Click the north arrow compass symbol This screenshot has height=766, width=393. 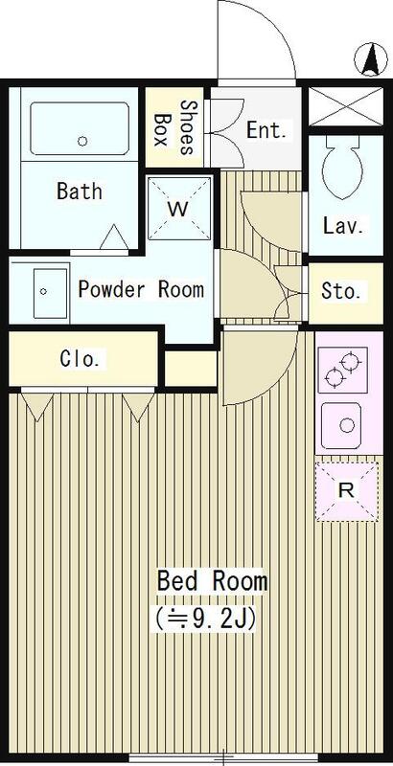click(x=371, y=59)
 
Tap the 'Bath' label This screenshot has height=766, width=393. click(x=80, y=191)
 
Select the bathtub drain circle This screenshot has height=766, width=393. click(x=82, y=141)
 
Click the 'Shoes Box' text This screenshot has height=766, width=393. click(x=173, y=127)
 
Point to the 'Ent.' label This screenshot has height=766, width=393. click(x=266, y=130)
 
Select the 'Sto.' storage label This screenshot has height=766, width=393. click(x=341, y=292)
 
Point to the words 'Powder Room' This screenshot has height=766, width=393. click(x=141, y=290)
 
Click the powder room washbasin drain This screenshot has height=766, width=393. click(x=43, y=292)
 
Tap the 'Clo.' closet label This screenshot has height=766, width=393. click(x=81, y=360)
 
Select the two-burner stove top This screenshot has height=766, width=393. click(x=342, y=370)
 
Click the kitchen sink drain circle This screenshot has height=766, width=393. click(x=347, y=425)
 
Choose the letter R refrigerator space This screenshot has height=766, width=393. click(x=347, y=491)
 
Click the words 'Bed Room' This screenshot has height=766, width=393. click(x=212, y=581)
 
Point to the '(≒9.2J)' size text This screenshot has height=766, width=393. click(x=205, y=619)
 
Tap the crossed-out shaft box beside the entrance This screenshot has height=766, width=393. click(x=346, y=105)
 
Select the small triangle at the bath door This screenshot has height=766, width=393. click(x=115, y=237)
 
